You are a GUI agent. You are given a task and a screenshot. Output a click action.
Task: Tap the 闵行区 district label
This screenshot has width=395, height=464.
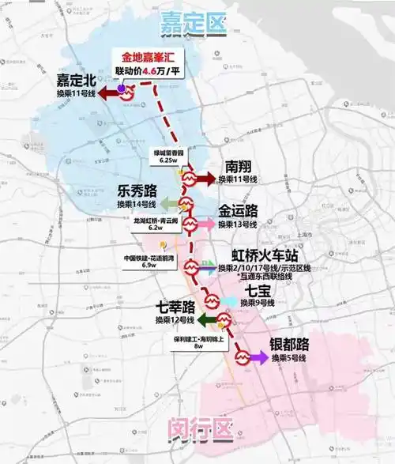[198, 432]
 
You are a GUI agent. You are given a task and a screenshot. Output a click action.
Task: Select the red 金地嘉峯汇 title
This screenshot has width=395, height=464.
[147, 56]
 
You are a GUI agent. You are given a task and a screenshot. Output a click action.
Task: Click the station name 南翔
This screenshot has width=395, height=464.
[238, 167]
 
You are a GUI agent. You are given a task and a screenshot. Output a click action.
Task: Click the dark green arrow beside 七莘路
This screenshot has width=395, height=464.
[208, 320]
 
